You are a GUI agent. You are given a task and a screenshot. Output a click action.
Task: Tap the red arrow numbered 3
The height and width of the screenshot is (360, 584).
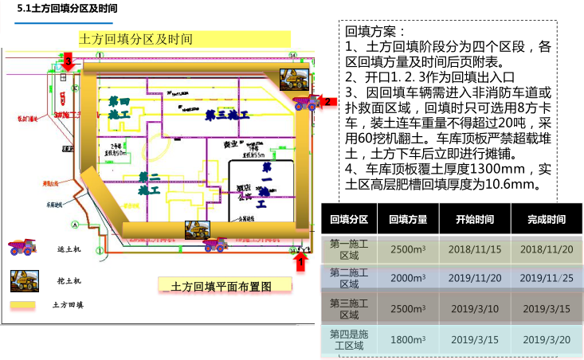pos(69,62)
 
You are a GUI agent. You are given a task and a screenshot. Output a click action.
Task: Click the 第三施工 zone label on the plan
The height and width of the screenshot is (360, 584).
pos(227,115)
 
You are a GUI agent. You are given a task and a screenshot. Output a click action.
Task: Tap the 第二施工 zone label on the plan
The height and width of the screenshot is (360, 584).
pos(148,183)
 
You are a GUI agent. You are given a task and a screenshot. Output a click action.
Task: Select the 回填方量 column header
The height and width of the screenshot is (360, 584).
pos(408,220)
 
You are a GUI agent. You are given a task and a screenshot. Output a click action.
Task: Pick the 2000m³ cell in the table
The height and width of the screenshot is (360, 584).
pos(408,277)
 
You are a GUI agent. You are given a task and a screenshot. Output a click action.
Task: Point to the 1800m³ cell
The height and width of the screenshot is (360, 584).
pos(408,339)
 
